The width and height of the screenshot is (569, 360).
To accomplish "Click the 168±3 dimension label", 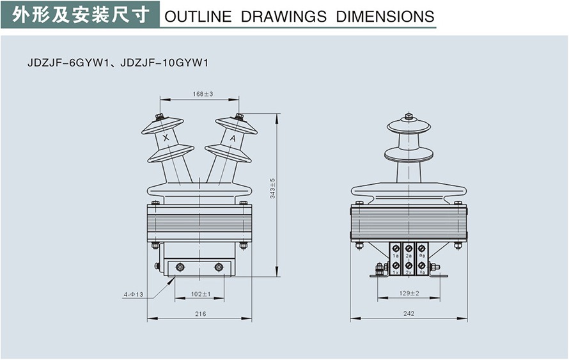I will [x=202, y=94].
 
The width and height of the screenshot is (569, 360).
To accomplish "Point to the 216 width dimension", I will [x=200, y=313].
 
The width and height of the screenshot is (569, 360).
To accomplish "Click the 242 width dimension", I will [x=409, y=313].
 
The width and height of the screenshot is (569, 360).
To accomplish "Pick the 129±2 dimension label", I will [x=409, y=293].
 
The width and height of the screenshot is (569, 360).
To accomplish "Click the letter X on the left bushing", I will [x=166, y=138].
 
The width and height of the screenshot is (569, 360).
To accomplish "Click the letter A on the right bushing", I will [x=232, y=138].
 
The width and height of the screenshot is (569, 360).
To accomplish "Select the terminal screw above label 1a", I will [x=396, y=247].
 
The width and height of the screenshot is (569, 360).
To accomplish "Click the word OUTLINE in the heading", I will [x=198, y=17].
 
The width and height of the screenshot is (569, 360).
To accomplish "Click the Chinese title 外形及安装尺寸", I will [x=80, y=14].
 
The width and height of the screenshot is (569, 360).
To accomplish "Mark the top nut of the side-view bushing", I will [x=409, y=118].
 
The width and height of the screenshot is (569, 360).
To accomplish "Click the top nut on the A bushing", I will [x=239, y=116].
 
